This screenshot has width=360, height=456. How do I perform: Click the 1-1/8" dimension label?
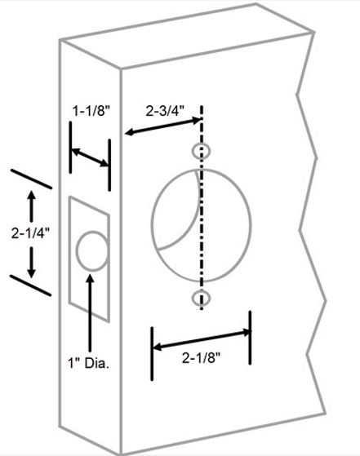pyautogui.click(x=91, y=111)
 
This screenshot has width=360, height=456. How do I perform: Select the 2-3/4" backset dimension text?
pyautogui.click(x=165, y=111)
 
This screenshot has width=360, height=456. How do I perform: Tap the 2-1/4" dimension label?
pyautogui.click(x=30, y=233)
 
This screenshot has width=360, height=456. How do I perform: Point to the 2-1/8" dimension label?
pyautogui.click(x=202, y=357)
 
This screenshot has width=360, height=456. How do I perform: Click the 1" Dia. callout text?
pyautogui.click(x=88, y=363)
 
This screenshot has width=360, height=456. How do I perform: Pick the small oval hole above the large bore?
pyautogui.click(x=201, y=151)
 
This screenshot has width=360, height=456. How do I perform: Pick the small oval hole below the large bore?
pyautogui.click(x=201, y=298)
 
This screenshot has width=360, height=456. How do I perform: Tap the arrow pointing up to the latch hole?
pyautogui.click(x=91, y=312)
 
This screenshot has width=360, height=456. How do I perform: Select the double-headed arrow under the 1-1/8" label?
pyautogui.click(x=90, y=157)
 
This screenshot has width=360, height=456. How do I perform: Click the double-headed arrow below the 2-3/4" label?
pyautogui.click(x=163, y=126)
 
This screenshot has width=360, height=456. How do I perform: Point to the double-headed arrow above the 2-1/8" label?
pyautogui.click(x=202, y=339)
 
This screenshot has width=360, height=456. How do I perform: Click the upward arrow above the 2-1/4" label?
pyautogui.click(x=32, y=206)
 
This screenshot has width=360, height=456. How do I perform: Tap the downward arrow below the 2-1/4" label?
pyautogui.click(x=32, y=262)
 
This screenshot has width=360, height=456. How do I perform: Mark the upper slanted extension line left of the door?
pyautogui.click(x=32, y=179)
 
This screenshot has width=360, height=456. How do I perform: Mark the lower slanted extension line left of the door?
pyautogui.click(x=31, y=286)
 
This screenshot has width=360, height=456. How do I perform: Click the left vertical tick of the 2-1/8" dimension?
pyautogui.click(x=152, y=354)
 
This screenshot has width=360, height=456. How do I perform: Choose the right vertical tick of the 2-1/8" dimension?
pyautogui.click(x=250, y=338)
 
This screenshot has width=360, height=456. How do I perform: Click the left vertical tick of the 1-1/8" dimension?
pyautogui.click(x=71, y=148)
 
